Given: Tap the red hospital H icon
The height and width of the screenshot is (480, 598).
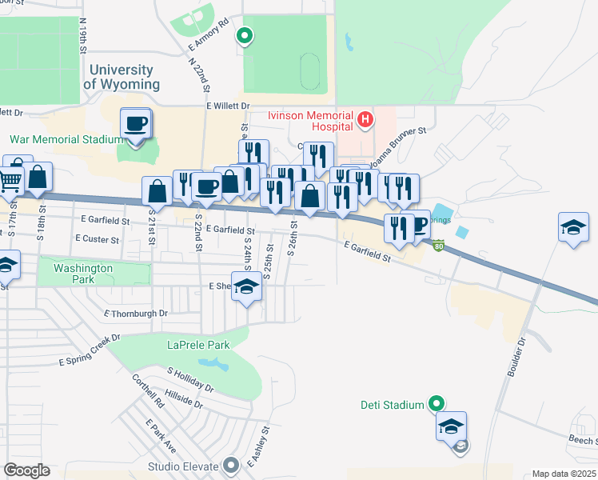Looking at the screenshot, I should point(365,120).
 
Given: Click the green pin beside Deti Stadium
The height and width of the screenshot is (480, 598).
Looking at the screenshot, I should point(436,404).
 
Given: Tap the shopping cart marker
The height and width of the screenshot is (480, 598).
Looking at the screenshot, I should point(10,182).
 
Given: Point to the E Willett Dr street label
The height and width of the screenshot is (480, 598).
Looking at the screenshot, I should point(228,106).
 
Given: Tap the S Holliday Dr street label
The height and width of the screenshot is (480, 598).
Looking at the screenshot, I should point(190,378).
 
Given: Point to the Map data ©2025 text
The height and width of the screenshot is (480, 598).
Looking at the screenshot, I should point(564,474).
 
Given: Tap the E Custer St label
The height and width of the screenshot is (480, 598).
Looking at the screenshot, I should point(97,238).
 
